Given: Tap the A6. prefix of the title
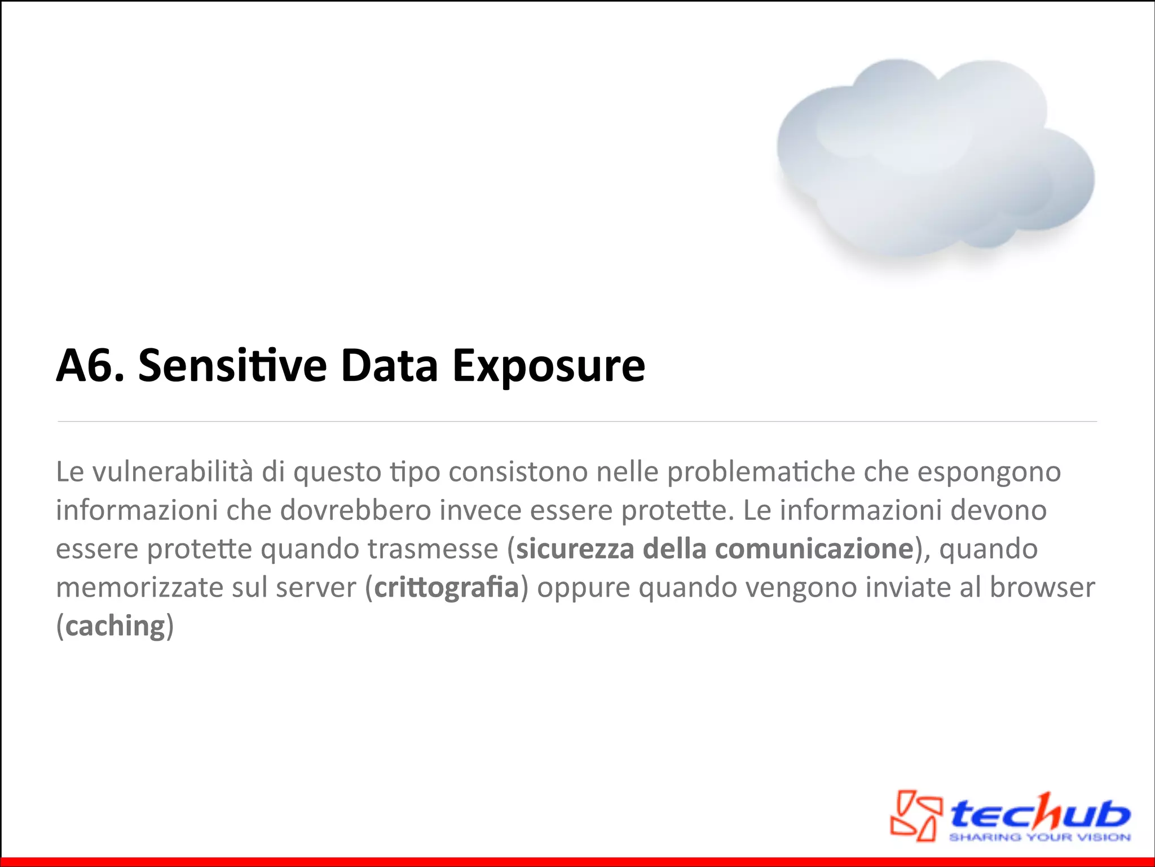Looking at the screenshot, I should (x=90, y=366).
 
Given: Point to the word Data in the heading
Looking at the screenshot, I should (x=389, y=366).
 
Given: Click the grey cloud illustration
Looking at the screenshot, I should (x=935, y=164).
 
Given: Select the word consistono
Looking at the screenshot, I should (x=518, y=472).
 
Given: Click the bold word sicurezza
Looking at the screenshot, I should (x=575, y=549).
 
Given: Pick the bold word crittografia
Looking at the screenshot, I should (x=446, y=588).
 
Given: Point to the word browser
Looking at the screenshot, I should (x=1042, y=587).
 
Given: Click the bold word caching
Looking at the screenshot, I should (x=115, y=626).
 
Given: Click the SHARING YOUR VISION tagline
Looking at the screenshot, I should (x=1040, y=837).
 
